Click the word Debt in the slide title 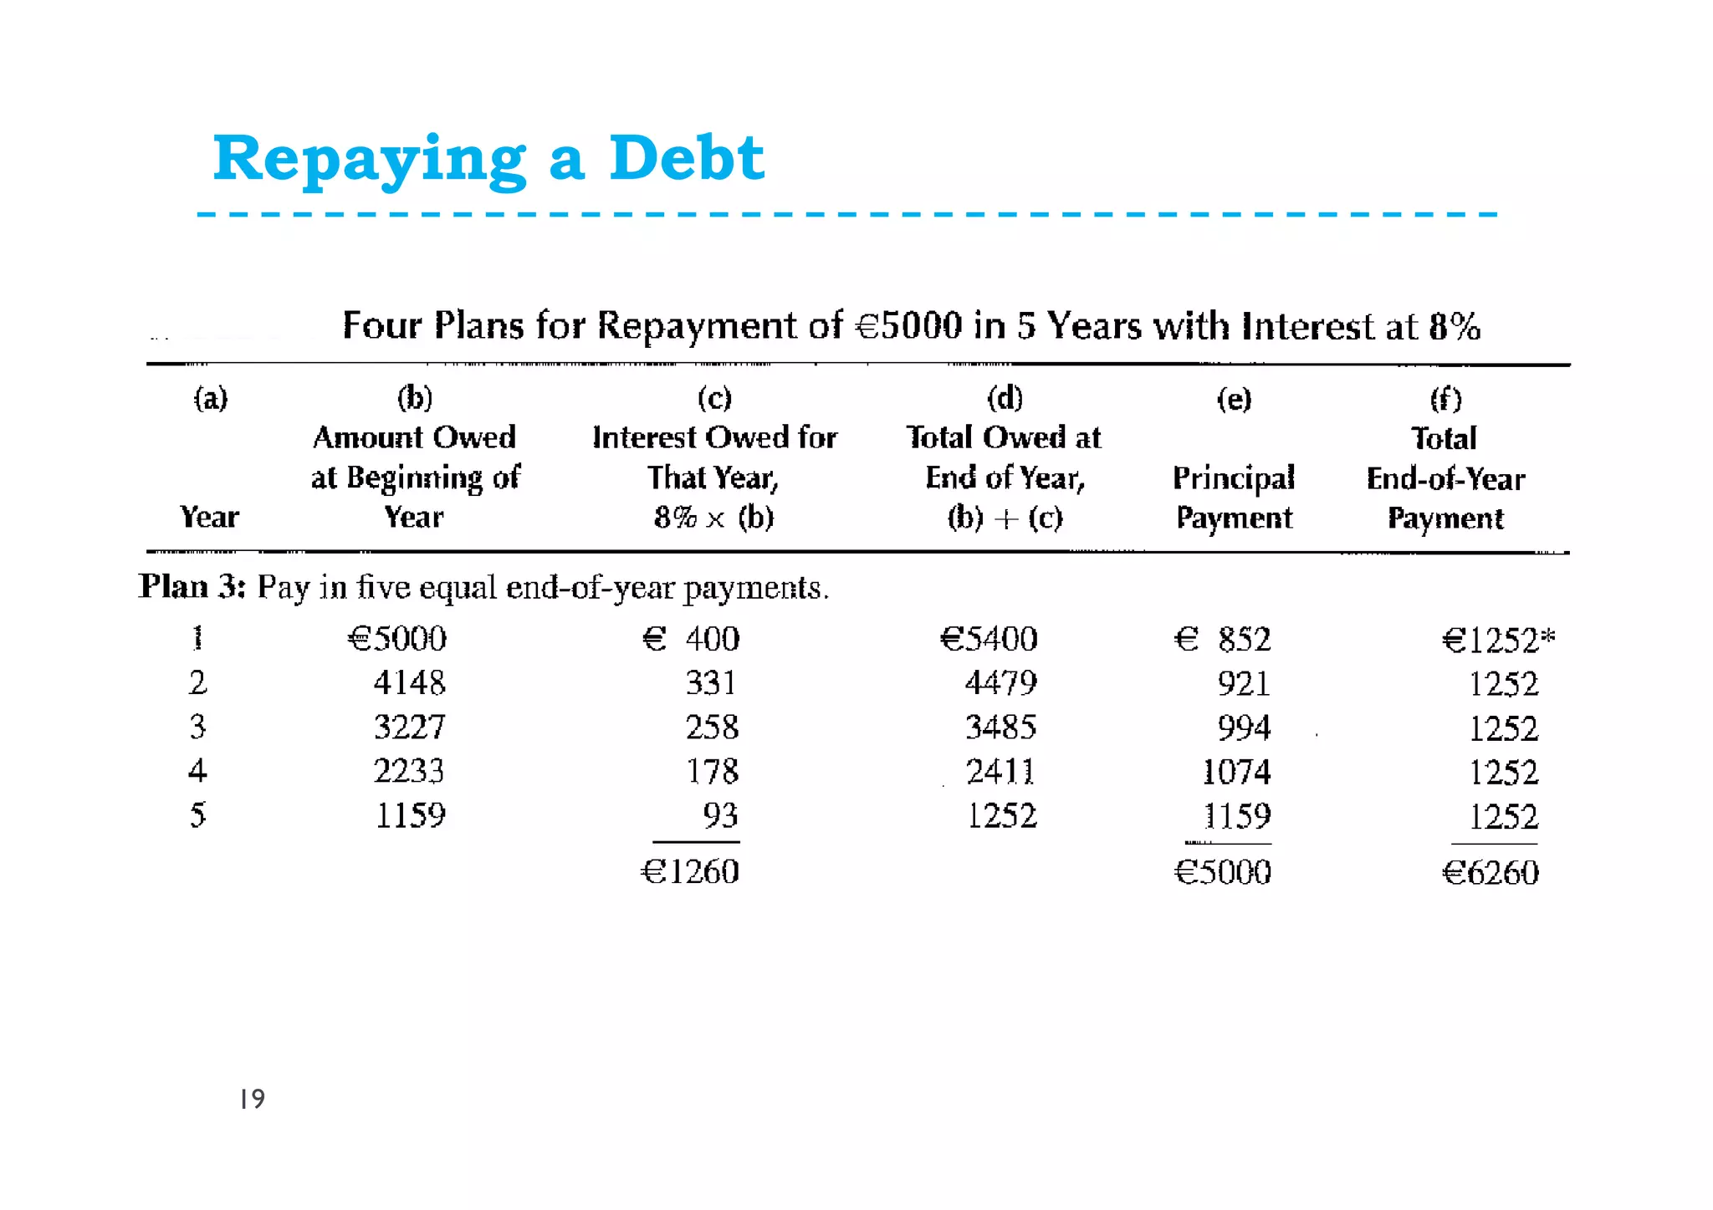pos(686,158)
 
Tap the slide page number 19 pos(252,1099)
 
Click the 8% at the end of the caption pos(1455,326)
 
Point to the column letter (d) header pos(1005,398)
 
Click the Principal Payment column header pos(1234,498)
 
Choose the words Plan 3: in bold pos(192,587)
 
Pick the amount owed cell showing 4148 pos(409,683)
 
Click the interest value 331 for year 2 pos(711,683)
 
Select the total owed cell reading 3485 pos(1000,728)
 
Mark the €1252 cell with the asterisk pos(1498,641)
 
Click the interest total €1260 pos(690,872)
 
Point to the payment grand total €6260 pos(1491,873)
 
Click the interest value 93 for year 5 pos(720,815)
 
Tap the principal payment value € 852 pos(1222,640)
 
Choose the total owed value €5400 pos(989,640)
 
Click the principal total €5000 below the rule pos(1222,873)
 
